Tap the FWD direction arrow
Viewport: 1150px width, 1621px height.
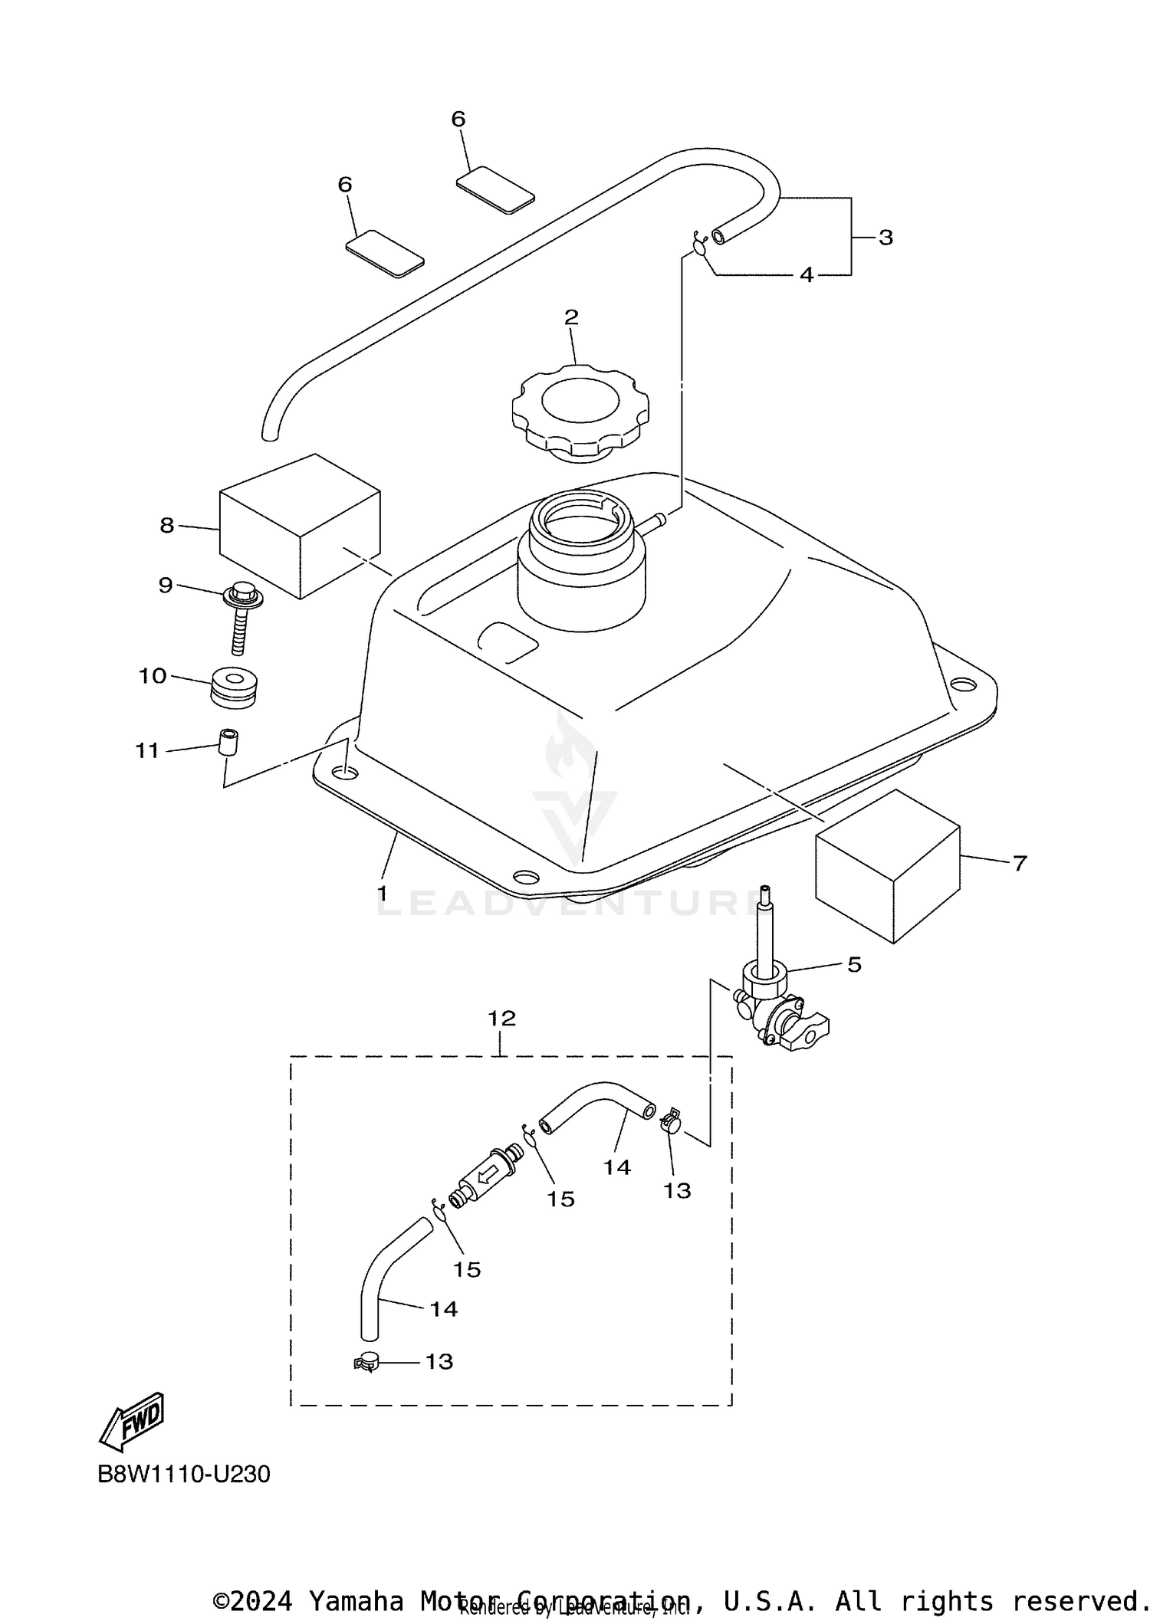pyautogui.click(x=133, y=1422)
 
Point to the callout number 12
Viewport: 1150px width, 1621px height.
pyautogui.click(x=502, y=1019)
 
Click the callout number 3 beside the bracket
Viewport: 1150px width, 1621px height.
pyautogui.click(x=886, y=238)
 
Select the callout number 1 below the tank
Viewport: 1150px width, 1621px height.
pyautogui.click(x=381, y=894)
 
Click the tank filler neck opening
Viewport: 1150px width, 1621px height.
pyautogui.click(x=581, y=522)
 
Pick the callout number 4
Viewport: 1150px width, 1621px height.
pyautogui.click(x=807, y=274)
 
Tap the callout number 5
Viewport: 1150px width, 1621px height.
pyautogui.click(x=855, y=964)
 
